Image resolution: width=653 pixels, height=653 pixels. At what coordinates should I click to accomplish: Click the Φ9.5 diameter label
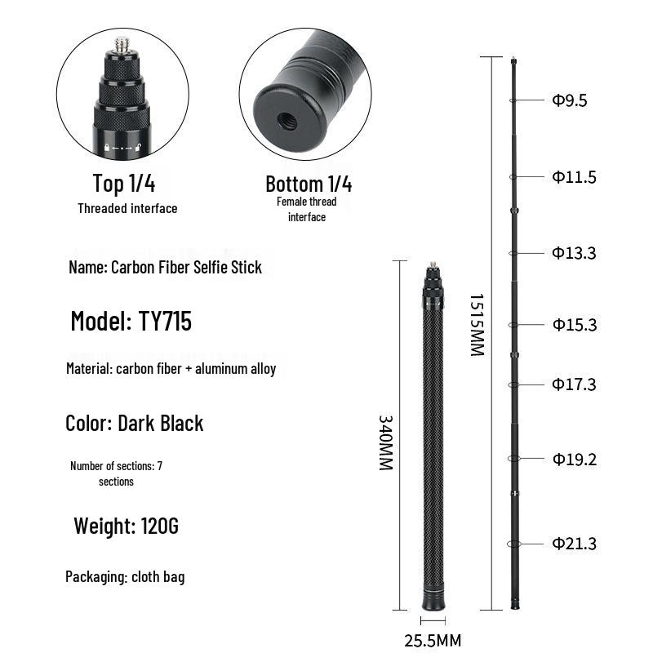(x=570, y=100)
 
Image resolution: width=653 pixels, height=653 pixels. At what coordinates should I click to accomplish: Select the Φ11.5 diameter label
(x=575, y=177)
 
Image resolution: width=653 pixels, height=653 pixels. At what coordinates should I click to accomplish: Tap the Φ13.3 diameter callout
(x=575, y=253)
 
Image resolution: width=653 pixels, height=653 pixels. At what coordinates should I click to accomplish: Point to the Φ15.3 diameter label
(x=575, y=324)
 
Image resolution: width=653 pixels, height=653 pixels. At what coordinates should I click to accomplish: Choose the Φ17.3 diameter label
(x=575, y=384)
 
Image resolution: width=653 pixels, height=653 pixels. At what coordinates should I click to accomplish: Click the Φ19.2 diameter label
(x=575, y=459)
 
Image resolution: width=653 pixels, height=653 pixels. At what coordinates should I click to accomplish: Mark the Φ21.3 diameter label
(x=575, y=544)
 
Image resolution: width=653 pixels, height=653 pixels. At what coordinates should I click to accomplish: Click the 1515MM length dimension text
(x=478, y=325)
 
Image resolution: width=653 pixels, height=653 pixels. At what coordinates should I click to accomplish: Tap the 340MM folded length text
(x=385, y=442)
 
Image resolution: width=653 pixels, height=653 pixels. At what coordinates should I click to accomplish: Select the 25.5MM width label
(x=433, y=640)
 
